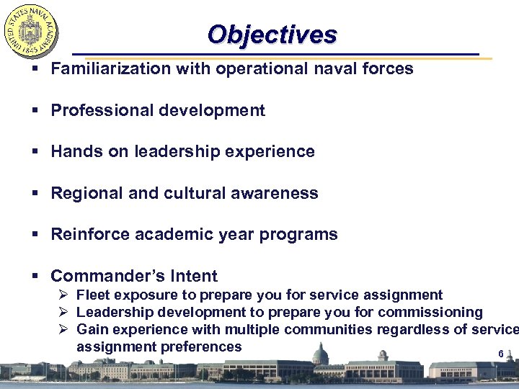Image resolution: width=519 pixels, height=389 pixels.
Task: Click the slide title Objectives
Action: coord(272,35)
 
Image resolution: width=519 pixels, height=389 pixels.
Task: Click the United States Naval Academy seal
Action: coord(31,32)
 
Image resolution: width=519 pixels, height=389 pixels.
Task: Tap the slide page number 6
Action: coord(500,354)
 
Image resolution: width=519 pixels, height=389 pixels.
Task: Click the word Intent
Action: coord(194,276)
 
